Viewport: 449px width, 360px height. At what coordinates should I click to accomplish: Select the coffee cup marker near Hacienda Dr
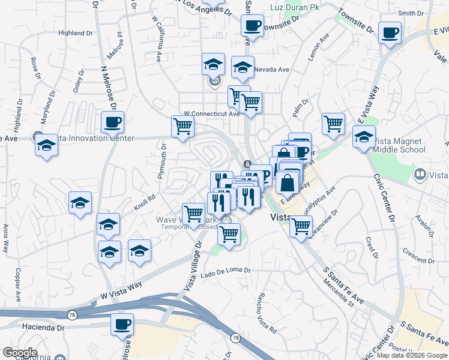click(x=122, y=325)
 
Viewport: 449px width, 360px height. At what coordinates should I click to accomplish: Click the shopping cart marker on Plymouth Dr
click(x=182, y=127)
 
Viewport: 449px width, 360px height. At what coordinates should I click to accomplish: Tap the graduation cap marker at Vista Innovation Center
click(x=46, y=146)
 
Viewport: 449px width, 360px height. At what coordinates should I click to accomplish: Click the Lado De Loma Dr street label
click(x=226, y=270)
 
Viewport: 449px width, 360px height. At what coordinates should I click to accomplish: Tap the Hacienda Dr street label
click(x=44, y=328)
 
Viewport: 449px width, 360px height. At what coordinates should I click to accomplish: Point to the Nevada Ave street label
click(x=271, y=70)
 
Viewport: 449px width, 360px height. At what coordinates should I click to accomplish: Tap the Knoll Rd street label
click(x=145, y=203)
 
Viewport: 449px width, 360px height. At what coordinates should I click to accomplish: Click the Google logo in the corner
click(x=20, y=353)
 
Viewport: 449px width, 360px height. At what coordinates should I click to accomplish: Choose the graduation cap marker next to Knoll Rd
click(x=80, y=203)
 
